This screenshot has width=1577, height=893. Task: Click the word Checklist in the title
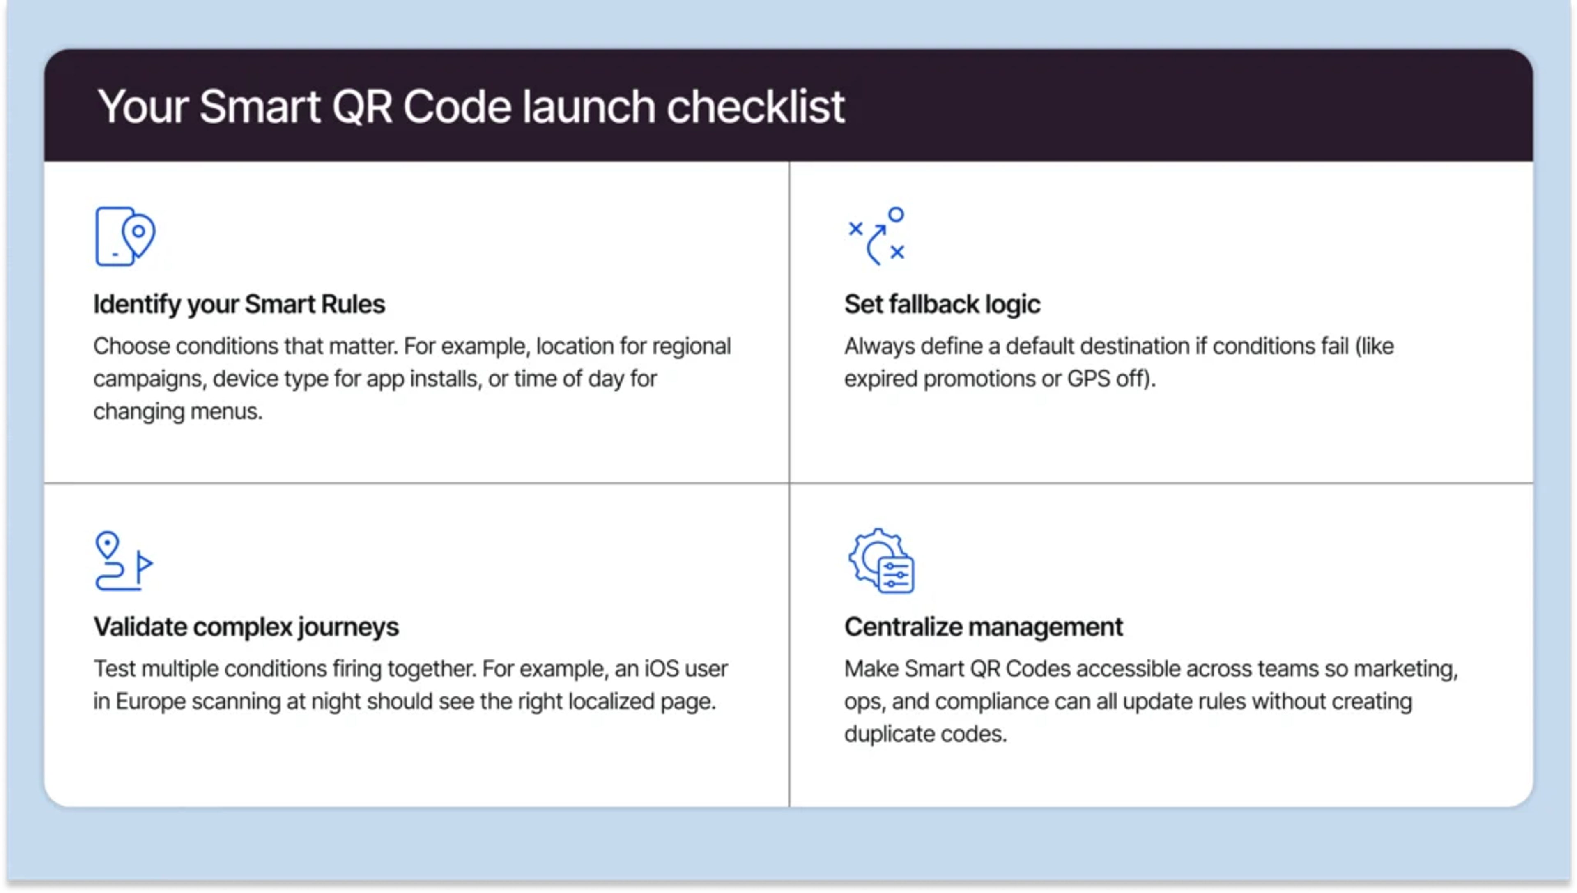pyautogui.click(x=755, y=107)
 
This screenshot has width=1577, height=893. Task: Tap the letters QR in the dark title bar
pyautogui.click(x=362, y=107)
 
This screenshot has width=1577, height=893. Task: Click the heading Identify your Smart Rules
pyautogui.click(x=239, y=304)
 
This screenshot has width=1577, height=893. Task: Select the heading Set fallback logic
pyautogui.click(x=942, y=304)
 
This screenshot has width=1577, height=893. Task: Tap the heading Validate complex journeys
pyautogui.click(x=246, y=627)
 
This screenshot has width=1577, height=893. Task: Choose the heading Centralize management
pyautogui.click(x=983, y=627)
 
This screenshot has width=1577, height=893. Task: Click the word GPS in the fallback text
pyautogui.click(x=1088, y=379)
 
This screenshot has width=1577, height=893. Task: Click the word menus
pyautogui.click(x=226, y=411)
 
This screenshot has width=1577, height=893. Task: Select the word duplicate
pyautogui.click(x=889, y=734)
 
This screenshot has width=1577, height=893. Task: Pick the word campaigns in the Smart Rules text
pyautogui.click(x=149, y=379)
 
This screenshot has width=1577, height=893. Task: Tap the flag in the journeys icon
pyautogui.click(x=144, y=563)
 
